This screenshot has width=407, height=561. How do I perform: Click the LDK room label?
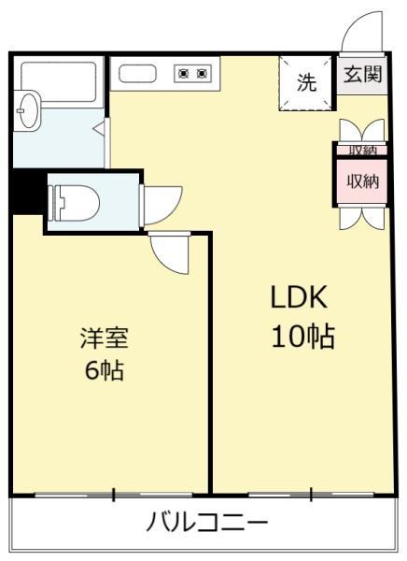(x=298, y=297)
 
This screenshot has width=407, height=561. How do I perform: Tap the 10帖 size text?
(x=302, y=336)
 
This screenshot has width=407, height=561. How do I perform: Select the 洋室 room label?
(x=104, y=337)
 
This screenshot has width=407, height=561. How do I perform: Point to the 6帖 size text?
(x=105, y=370)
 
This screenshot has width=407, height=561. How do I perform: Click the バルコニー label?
(x=207, y=521)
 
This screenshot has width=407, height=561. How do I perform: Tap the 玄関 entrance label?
(x=362, y=76)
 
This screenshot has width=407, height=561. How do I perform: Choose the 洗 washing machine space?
(x=306, y=82)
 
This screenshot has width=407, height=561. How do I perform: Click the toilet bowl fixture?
(x=76, y=199)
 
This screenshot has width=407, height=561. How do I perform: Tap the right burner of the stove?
(x=204, y=72)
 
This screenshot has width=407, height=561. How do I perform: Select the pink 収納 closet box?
(x=362, y=181)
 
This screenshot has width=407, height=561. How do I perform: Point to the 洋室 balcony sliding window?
(x=113, y=493)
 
